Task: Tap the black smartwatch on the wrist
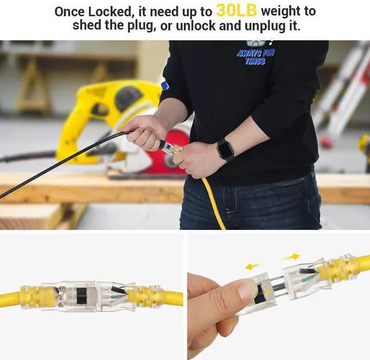click(x=224, y=150)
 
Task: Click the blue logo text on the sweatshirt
click(x=255, y=56)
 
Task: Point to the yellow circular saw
click(x=110, y=116)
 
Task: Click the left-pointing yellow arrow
click(x=252, y=266)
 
